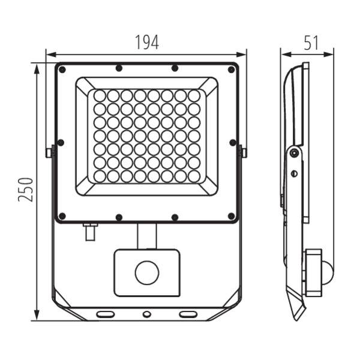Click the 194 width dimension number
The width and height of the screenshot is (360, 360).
click(x=147, y=42)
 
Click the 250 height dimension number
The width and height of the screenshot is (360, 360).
click(x=25, y=190)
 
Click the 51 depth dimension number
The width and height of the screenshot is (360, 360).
click(x=311, y=43)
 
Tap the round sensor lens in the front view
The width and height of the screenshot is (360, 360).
click(x=147, y=272)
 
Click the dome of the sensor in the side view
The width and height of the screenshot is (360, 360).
click(x=328, y=273)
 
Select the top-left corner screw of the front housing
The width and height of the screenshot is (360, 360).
click(x=62, y=70)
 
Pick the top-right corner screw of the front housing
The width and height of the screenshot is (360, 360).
click(x=232, y=70)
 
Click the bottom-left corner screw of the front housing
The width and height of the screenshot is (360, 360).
click(x=62, y=216)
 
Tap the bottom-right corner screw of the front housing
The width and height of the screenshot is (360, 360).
click(x=232, y=216)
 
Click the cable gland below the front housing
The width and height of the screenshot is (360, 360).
click(x=90, y=232)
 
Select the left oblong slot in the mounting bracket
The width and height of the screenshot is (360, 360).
click(x=106, y=314)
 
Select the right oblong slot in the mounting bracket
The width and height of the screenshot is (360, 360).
click(x=188, y=314)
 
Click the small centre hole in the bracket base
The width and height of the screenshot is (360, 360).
click(x=147, y=314)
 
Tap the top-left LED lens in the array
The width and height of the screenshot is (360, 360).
click(x=100, y=96)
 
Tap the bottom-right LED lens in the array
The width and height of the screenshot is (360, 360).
click(x=194, y=176)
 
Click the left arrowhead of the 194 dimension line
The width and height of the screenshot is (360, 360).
click(x=51, y=55)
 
